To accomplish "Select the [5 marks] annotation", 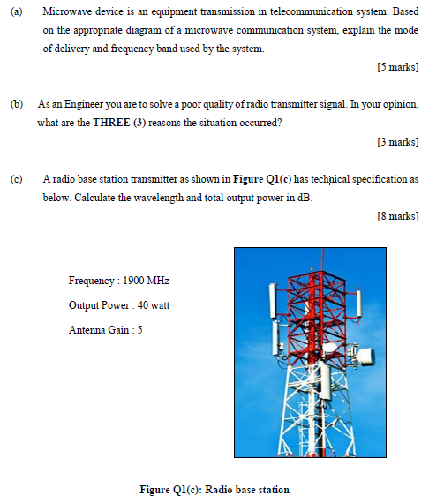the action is (397, 67).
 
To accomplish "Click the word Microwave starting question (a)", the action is (66, 11).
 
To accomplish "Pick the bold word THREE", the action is (111, 123).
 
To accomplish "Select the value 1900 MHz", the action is (146, 281).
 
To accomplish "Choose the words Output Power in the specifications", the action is (96, 305).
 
